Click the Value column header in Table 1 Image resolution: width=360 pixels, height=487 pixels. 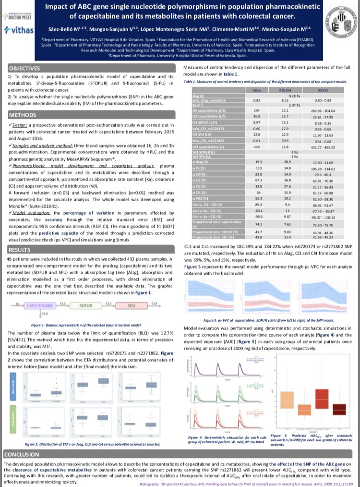point(256,89)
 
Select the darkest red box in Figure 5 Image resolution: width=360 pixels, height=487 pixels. point(339,409)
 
